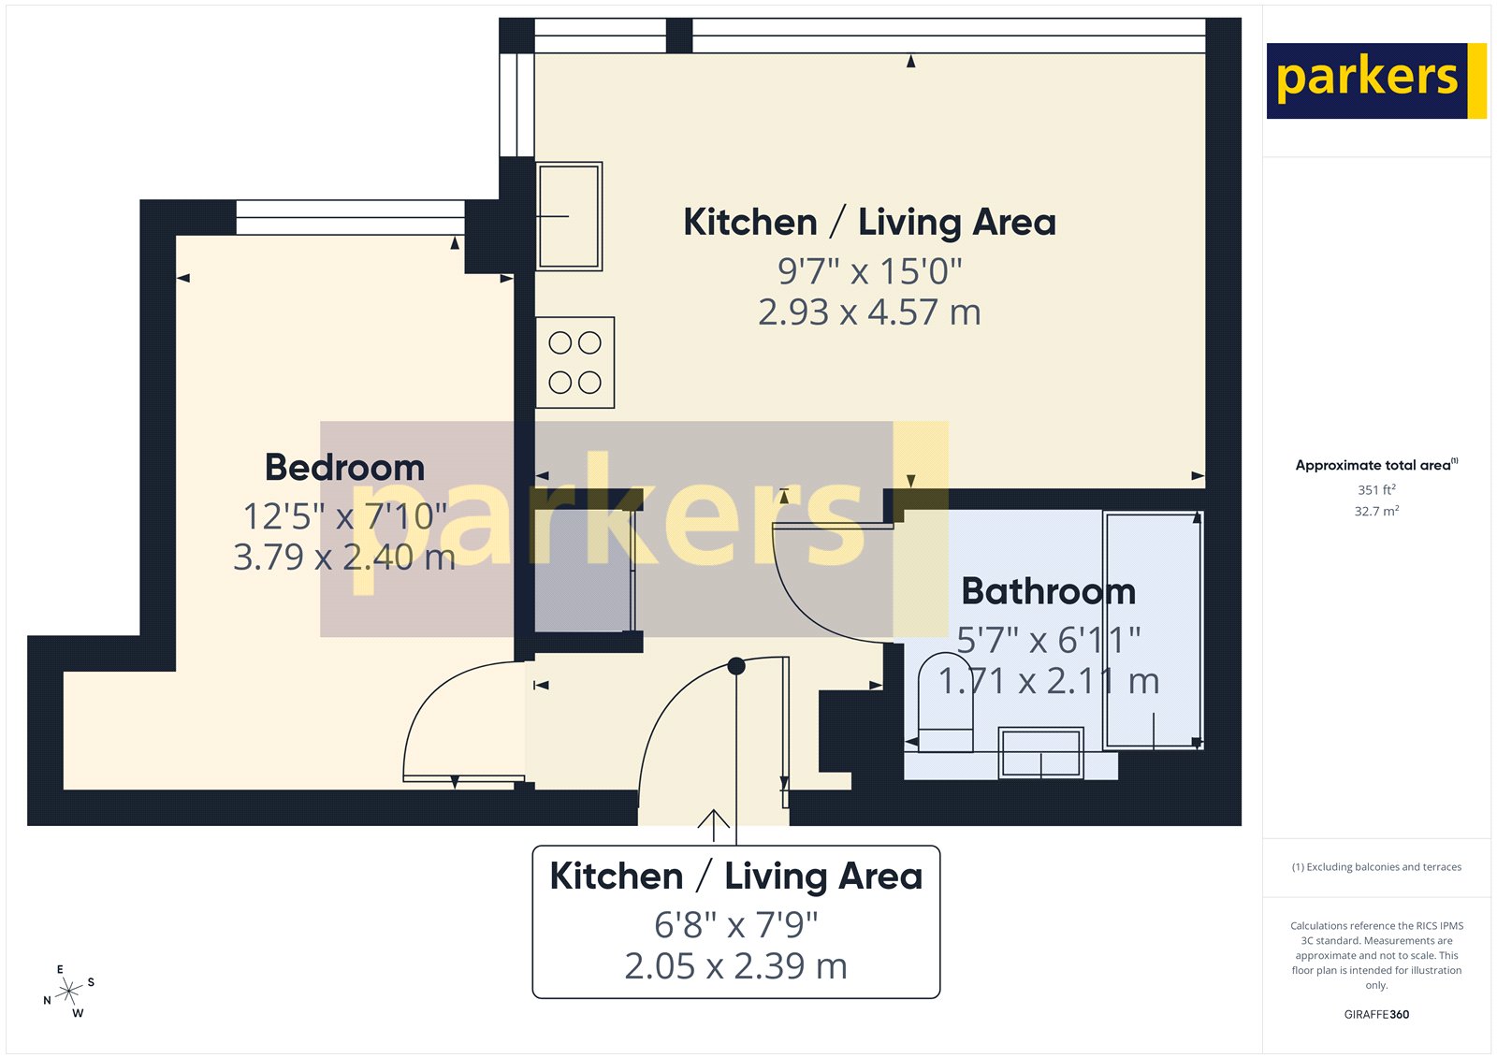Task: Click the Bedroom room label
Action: (344, 468)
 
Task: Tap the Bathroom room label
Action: (1048, 591)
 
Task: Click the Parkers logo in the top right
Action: (1375, 80)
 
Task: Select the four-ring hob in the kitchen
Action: (574, 363)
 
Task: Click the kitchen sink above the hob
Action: (569, 216)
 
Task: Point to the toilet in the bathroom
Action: (945, 702)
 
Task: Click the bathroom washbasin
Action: (1040, 753)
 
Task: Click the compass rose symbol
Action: (69, 992)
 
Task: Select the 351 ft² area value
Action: (1376, 490)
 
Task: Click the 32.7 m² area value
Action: (1376, 512)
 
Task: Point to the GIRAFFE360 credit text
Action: (1376, 1014)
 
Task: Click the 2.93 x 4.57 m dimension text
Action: (869, 312)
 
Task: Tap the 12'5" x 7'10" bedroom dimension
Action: (344, 516)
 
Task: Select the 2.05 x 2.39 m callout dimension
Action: (735, 966)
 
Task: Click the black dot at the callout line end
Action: (736, 666)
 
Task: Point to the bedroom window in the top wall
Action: (350, 218)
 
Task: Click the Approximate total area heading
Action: (1376, 465)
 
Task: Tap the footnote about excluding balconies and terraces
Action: (1376, 867)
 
